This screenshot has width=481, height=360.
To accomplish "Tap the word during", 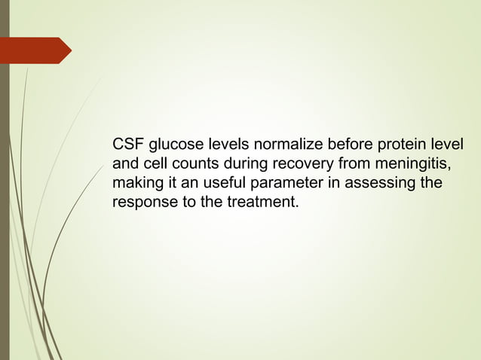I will (240, 163).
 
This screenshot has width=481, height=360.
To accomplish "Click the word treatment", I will (263, 203).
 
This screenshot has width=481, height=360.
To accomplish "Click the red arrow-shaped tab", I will (37, 50).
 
